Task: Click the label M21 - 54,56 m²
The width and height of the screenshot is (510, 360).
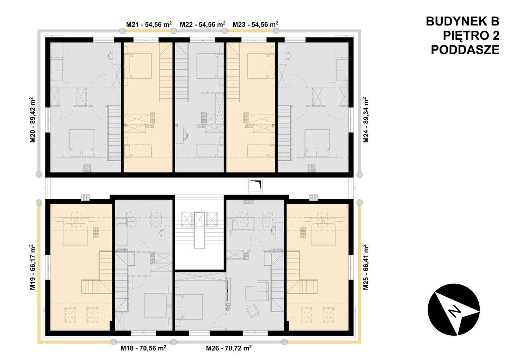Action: point(149,24)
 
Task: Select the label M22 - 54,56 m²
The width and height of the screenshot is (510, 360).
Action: point(202,24)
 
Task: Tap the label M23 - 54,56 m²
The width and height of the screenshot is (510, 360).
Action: point(255,24)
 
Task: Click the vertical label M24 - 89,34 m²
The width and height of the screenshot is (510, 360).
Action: point(365,119)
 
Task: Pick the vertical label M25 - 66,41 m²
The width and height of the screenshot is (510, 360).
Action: point(365,268)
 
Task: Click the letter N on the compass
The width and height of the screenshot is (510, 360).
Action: point(453,311)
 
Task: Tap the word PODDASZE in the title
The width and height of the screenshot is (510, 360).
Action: point(465,50)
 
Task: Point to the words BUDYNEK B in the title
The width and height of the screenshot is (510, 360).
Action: point(462,21)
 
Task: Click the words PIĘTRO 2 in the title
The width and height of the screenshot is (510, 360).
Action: point(471,35)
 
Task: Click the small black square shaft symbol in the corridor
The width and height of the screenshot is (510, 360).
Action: point(255,186)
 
